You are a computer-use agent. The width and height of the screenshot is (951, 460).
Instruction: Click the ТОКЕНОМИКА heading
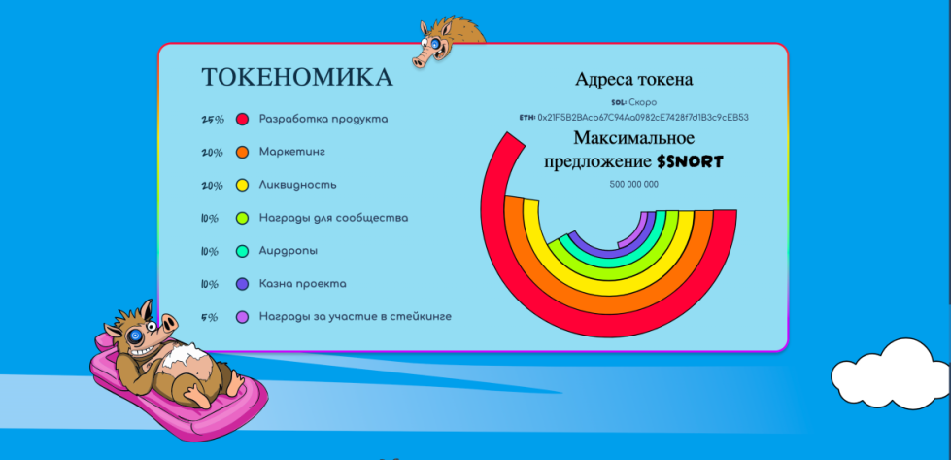coord(296,78)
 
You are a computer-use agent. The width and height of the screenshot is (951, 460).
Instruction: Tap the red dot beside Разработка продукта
coord(243,120)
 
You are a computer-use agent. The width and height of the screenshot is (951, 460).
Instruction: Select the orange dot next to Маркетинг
coord(243,153)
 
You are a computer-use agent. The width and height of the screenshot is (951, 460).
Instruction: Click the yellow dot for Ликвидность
coord(243,185)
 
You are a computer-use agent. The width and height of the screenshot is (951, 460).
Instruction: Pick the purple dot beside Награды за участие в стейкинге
coord(243,317)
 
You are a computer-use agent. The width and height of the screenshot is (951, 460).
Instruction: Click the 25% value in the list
coord(212,120)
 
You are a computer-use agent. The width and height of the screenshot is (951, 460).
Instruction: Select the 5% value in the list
coord(210,317)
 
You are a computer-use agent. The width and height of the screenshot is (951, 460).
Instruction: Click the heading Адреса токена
coord(633,80)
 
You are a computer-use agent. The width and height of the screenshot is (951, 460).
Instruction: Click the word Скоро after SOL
coord(643,102)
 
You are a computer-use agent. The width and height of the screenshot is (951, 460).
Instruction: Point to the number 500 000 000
coord(633,184)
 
